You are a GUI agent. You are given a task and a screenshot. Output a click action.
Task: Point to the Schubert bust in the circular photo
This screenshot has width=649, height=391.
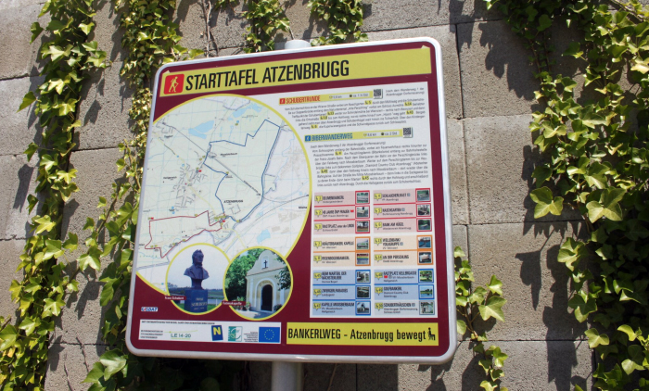coord(196,270)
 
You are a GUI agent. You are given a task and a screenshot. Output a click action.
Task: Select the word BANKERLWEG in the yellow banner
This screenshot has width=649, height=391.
coord(320,333)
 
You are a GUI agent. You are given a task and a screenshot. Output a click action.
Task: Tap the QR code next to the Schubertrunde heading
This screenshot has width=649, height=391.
coord(377,94)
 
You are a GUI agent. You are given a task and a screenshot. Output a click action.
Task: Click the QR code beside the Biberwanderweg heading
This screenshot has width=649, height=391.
coord(408,132)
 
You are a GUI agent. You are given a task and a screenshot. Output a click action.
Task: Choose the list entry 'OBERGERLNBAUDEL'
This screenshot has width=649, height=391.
coord(334,197)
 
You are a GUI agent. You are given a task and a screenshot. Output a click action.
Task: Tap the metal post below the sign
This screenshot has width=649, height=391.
coord(285,375)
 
